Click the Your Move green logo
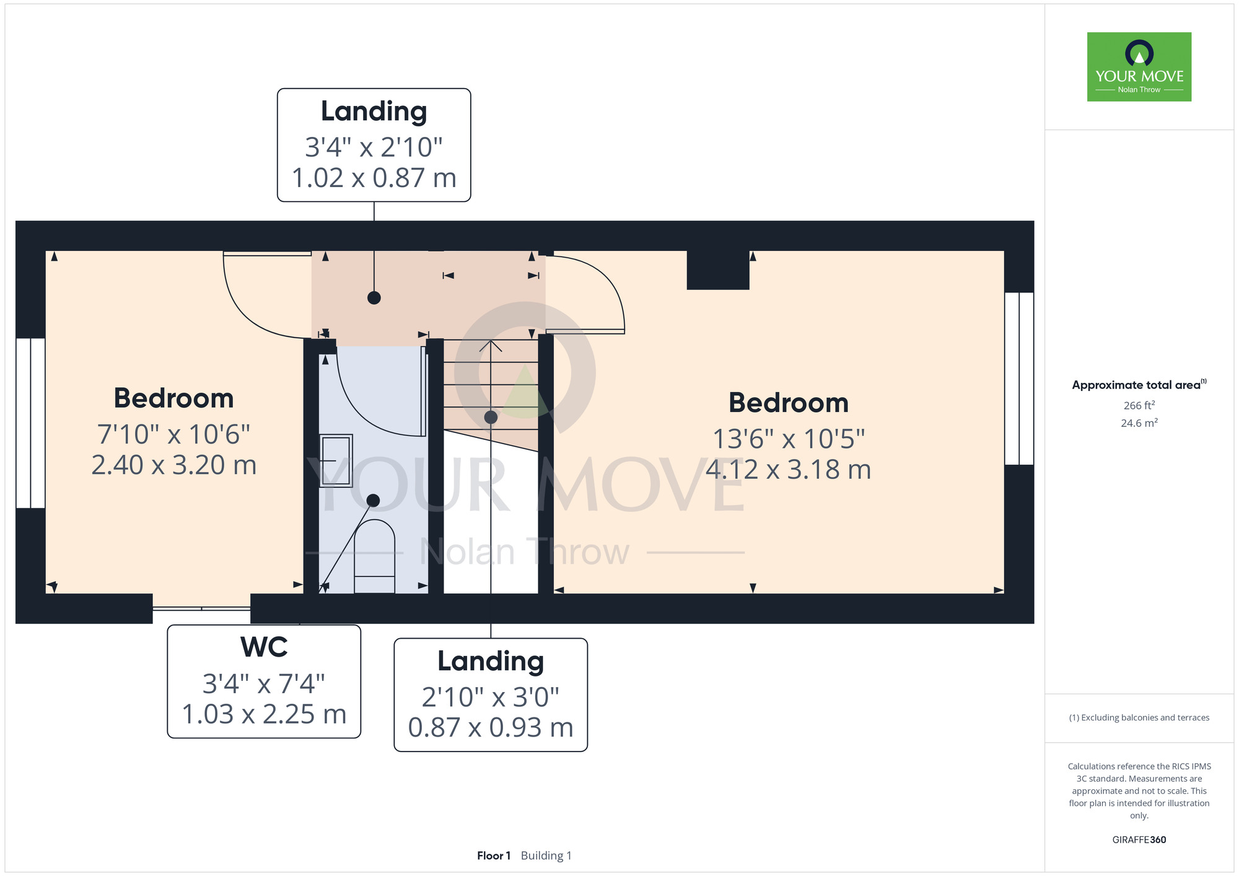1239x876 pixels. (1139, 67)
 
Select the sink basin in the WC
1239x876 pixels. (336, 460)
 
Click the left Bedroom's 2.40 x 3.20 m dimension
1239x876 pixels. (174, 465)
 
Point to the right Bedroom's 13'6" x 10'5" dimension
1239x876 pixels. (789, 439)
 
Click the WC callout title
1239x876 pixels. (264, 647)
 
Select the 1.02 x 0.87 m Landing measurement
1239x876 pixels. (374, 178)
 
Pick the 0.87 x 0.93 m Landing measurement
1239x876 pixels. (491, 728)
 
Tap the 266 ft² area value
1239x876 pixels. (1139, 405)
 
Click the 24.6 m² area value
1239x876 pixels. (1139, 423)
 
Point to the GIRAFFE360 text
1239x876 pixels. (1139, 840)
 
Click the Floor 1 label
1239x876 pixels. (494, 856)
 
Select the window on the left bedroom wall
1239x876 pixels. (30, 423)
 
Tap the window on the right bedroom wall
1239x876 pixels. (1019, 379)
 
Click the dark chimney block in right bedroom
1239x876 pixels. (718, 269)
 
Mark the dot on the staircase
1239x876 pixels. (491, 417)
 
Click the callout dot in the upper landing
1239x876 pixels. (374, 298)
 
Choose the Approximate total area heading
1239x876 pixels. (1139, 385)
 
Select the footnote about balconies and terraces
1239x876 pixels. (1139, 717)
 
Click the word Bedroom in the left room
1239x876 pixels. (174, 398)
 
